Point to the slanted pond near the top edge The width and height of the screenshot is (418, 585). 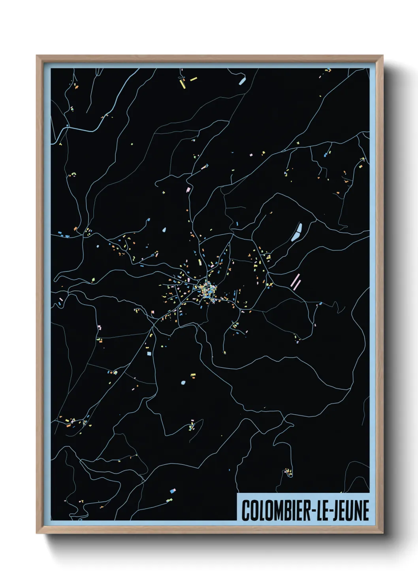[x=242, y=81]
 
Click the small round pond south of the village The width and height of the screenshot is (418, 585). [x=183, y=383]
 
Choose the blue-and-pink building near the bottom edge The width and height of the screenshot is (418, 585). [x=173, y=491]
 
